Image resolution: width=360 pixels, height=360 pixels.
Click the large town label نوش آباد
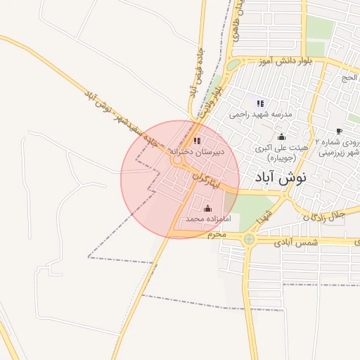(x=283, y=178)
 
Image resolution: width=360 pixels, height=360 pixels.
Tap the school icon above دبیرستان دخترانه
(x=197, y=141)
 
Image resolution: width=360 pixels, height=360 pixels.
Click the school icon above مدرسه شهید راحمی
(x=260, y=103)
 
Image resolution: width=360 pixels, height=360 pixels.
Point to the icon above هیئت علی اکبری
(x=282, y=136)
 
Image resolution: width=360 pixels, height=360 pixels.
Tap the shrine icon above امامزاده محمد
(x=207, y=209)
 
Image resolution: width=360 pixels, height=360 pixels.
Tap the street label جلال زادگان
(x=326, y=214)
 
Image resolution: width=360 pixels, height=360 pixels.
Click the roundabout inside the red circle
(x=177, y=161)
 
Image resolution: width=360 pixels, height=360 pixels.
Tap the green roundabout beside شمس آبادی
(x=250, y=240)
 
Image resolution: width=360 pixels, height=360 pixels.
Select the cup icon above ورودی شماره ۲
(x=339, y=131)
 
